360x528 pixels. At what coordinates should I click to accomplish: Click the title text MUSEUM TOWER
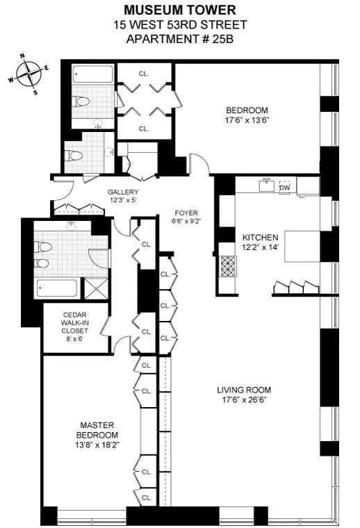[x=179, y=10]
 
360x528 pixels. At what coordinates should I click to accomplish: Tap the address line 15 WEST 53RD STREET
[x=179, y=24]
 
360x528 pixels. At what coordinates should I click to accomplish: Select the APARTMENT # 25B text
[x=179, y=38]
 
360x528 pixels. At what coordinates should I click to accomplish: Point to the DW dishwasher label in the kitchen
[x=284, y=187]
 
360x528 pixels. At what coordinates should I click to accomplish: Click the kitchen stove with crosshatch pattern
[x=227, y=265]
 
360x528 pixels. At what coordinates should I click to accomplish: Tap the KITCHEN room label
[x=260, y=236]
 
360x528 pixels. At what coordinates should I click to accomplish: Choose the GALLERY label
[x=123, y=192]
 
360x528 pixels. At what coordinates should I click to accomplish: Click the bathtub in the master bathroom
[x=58, y=288]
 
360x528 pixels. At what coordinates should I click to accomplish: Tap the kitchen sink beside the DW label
[x=265, y=185]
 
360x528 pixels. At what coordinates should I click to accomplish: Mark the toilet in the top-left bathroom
[x=84, y=101]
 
